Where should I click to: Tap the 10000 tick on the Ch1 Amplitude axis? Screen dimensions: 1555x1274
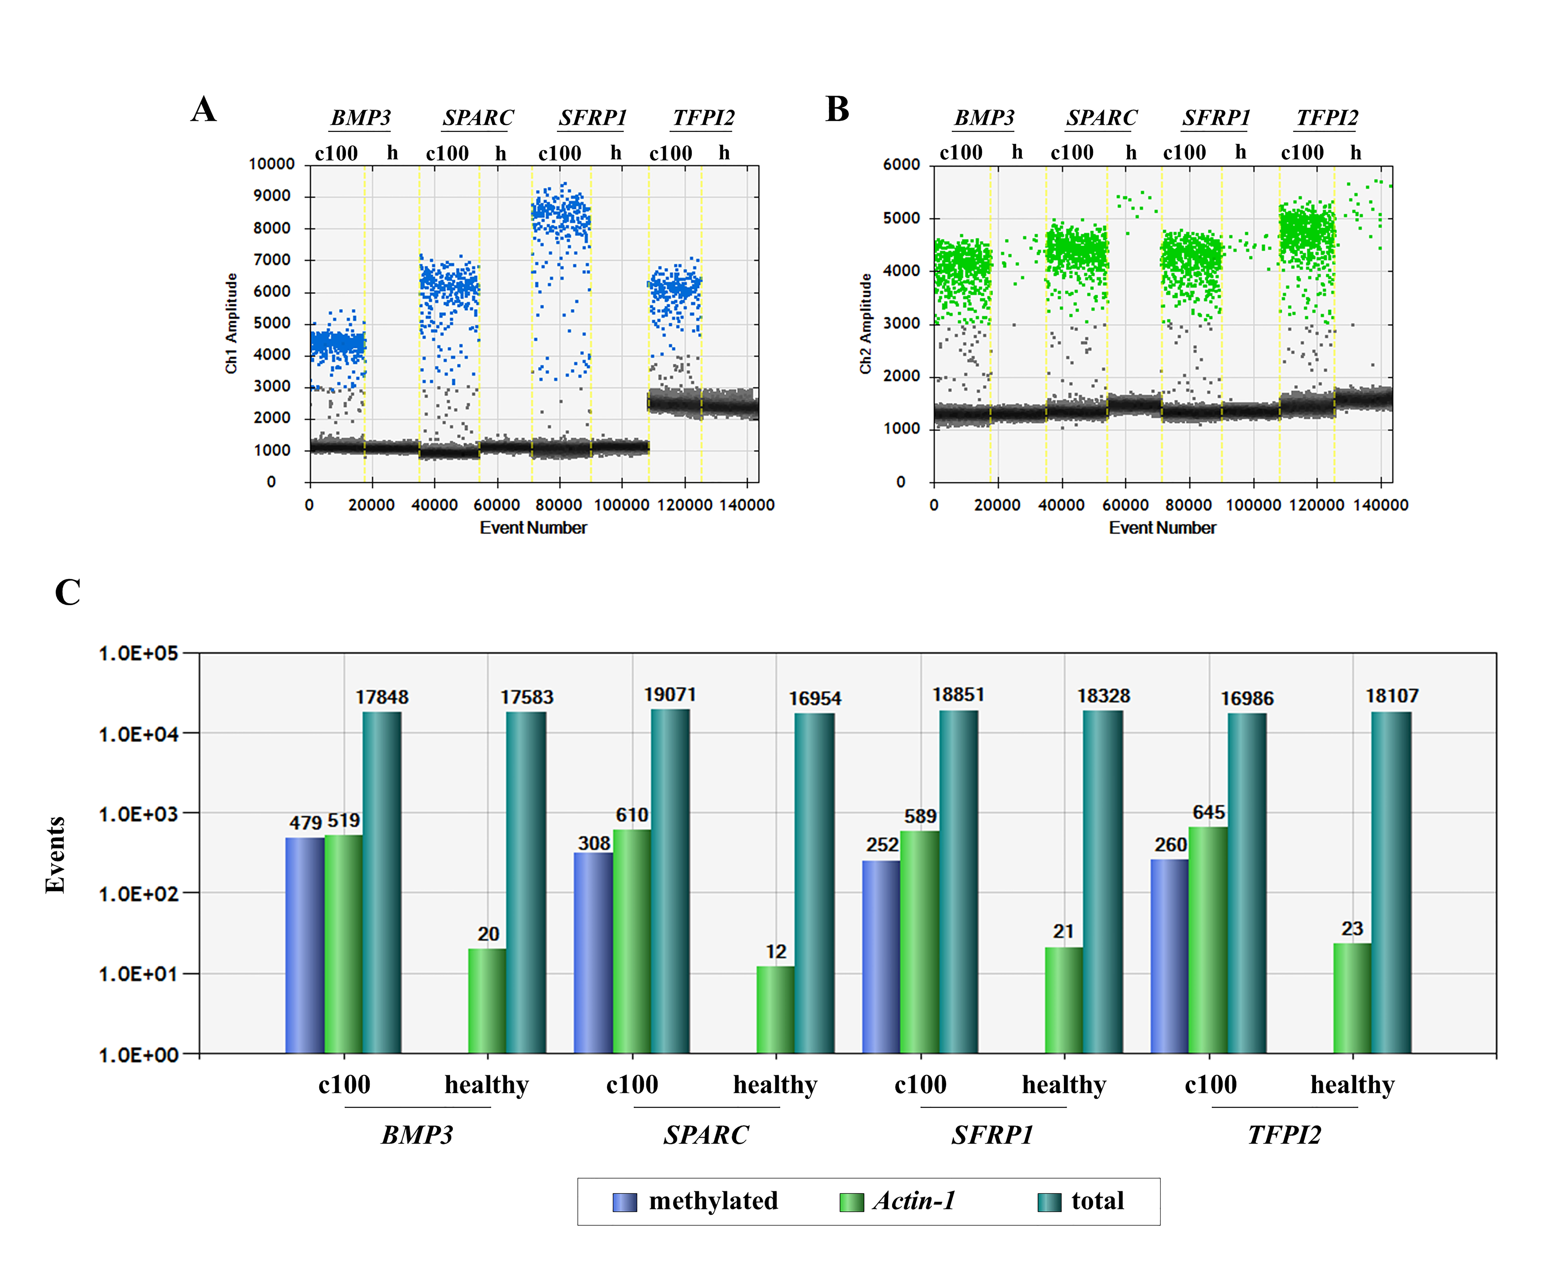[272, 164]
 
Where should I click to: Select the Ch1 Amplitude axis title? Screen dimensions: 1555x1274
[231, 324]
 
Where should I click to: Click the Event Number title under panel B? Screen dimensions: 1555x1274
[1162, 528]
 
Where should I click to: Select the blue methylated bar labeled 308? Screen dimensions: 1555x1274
[593, 953]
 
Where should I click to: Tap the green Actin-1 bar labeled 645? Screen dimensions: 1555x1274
[1208, 940]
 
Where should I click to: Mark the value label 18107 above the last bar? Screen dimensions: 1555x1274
[1392, 696]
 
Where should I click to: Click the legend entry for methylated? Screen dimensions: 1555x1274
[695, 1201]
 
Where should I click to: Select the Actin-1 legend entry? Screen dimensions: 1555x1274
[897, 1201]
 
